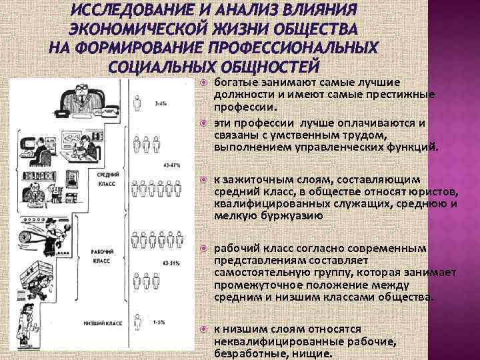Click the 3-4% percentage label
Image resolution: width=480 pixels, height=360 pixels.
[160, 104]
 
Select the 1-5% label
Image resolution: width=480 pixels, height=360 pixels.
[160, 322]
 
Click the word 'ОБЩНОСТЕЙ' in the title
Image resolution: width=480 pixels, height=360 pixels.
[267, 67]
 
